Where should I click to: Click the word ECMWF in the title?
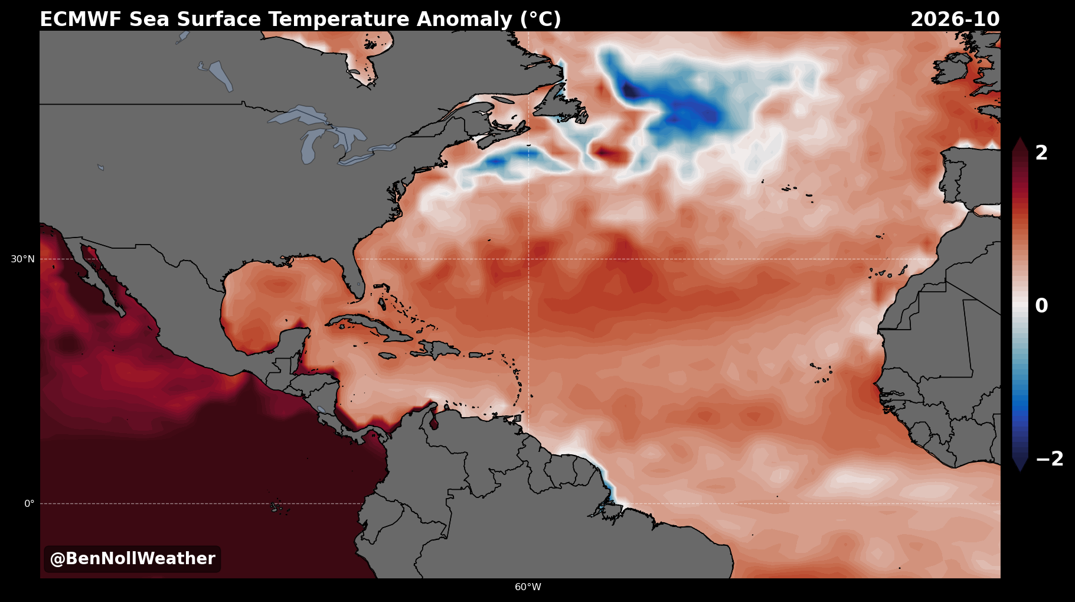[81, 19]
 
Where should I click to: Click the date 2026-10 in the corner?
[955, 19]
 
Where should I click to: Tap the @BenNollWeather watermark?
[132, 559]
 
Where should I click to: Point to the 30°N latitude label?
[22, 259]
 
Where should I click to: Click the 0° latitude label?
[29, 503]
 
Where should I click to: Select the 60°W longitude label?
[528, 587]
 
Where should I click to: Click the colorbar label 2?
[1041, 153]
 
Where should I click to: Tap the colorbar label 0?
[1041, 306]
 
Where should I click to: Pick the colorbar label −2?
[1049, 459]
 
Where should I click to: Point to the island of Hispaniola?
[437, 349]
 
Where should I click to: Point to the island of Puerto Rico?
[477, 355]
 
